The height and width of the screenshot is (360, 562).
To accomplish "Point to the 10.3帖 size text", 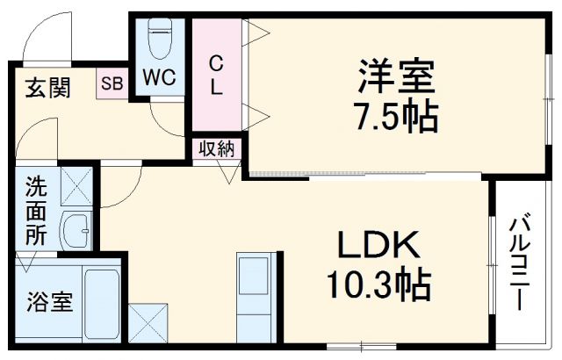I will coord(378,284).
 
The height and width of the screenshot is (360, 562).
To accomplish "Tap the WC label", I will coord(160,78).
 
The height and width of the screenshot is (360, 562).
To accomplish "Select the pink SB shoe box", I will coord(112,84).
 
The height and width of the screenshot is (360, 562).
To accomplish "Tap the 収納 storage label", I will coord(217,148).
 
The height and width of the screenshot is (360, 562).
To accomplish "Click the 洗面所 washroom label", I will coord(36,211).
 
